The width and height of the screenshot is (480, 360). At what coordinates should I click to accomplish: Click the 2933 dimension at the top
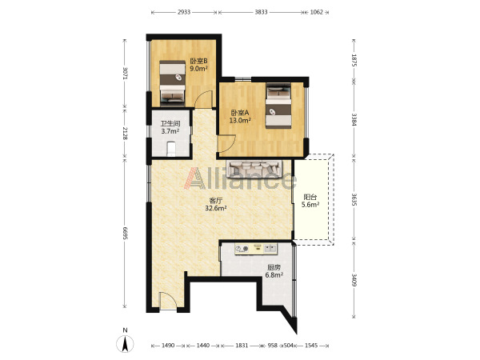(x=184, y=12)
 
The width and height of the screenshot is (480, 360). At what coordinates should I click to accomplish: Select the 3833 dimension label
(x=261, y=12)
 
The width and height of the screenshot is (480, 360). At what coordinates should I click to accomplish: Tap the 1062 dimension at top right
(x=316, y=12)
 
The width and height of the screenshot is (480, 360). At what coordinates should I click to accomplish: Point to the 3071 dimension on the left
(x=125, y=73)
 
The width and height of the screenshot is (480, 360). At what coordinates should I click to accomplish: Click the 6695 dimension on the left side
(x=125, y=234)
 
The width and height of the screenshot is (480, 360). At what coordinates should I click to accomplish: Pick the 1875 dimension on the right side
(x=354, y=60)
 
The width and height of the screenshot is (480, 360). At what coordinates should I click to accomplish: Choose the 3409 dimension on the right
(x=354, y=280)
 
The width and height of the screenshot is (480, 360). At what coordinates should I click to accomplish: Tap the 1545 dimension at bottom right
(x=311, y=346)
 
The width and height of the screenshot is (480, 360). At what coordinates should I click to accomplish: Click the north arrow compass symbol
(x=125, y=343)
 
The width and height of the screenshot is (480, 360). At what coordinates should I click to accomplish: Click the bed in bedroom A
(x=278, y=106)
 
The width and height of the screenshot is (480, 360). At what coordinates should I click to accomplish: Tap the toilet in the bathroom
(x=171, y=149)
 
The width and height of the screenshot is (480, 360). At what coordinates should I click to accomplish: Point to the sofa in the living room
(x=254, y=169)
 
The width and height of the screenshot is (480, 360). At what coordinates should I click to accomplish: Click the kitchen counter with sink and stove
(x=256, y=248)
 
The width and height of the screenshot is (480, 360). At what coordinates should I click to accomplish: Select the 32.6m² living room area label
(x=216, y=209)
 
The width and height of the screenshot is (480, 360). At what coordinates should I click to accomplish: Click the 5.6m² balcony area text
(x=310, y=205)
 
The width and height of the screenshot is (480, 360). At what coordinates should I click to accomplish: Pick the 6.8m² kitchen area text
(x=274, y=275)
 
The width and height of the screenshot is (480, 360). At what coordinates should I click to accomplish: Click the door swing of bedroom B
(x=204, y=98)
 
